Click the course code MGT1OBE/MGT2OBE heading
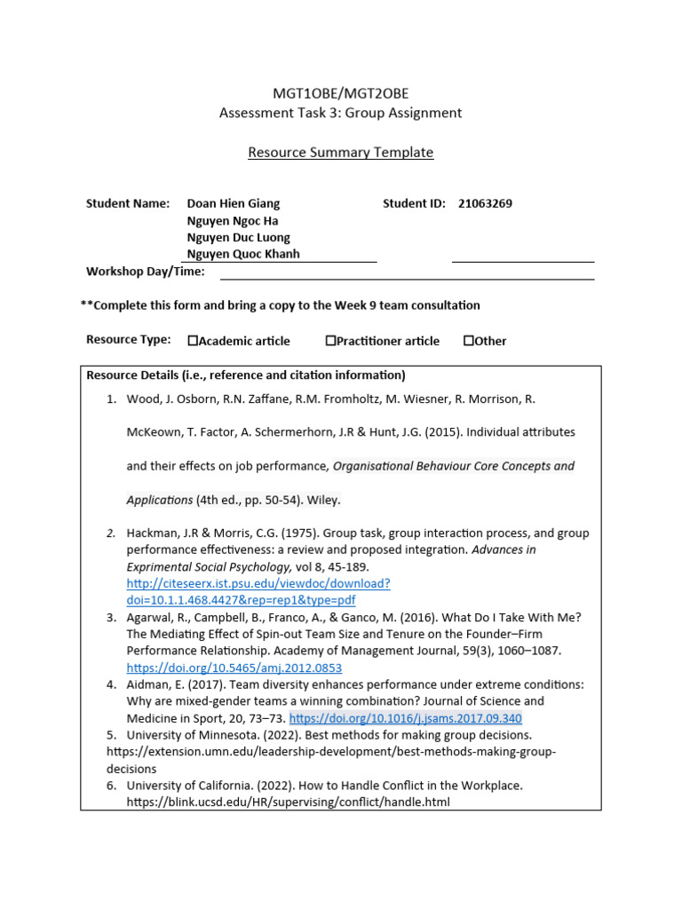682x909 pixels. (x=340, y=94)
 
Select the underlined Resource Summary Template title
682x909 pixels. (x=340, y=153)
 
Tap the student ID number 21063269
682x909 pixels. (x=485, y=203)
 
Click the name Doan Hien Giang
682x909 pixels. (x=233, y=203)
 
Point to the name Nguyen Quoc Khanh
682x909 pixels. (x=242, y=254)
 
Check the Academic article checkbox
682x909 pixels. (x=193, y=341)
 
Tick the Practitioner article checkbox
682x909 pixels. (x=330, y=341)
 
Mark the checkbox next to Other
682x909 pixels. (x=468, y=341)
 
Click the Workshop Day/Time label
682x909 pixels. (x=145, y=272)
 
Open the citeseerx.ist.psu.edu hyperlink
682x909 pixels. (x=258, y=583)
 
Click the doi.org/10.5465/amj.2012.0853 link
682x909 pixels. (x=234, y=668)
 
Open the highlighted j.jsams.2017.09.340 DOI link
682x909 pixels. (x=405, y=718)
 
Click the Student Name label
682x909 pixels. (x=127, y=203)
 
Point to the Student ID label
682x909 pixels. (x=414, y=203)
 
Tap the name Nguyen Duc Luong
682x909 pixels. (x=238, y=237)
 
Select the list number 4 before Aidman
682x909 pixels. (x=111, y=684)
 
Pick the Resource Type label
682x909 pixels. (x=128, y=340)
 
